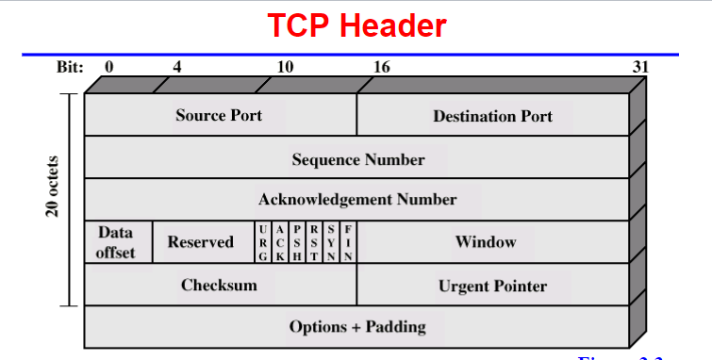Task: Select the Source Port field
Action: [x=219, y=115]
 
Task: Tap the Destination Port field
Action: [x=492, y=116]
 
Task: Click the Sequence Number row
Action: [x=357, y=158]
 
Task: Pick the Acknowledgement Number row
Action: [x=357, y=200]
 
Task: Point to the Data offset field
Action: [x=117, y=242]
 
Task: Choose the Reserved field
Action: [x=200, y=242]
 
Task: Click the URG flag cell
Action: [x=262, y=242]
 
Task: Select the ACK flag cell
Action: [x=280, y=242]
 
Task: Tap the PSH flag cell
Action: [x=297, y=242]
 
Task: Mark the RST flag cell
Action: [x=314, y=242]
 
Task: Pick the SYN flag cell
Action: [x=331, y=242]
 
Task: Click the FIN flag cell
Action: [x=348, y=242]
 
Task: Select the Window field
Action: [x=486, y=242]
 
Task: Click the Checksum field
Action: [x=219, y=285]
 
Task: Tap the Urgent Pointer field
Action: [x=492, y=286]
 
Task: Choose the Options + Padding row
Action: [x=357, y=327]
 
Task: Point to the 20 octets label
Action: [x=53, y=188]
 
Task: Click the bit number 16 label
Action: [x=381, y=67]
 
